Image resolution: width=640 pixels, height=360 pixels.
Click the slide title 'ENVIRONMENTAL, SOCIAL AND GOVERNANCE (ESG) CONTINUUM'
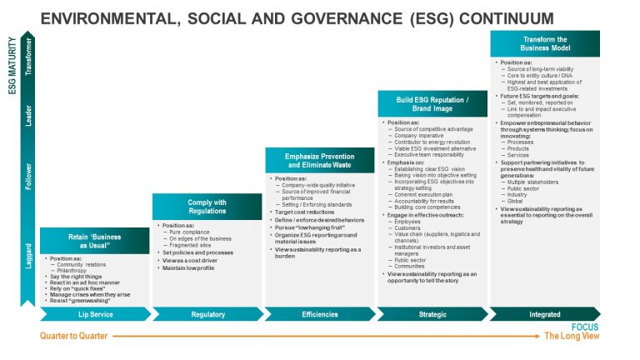pos(297,18)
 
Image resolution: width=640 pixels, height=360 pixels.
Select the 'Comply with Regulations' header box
pos(207,207)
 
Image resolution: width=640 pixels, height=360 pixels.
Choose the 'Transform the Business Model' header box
pos(544,44)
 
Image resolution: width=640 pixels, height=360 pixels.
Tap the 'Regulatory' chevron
pos(207,314)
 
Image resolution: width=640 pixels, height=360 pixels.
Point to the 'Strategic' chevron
pos(432,314)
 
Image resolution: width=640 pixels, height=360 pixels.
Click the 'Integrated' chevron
pos(544,314)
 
